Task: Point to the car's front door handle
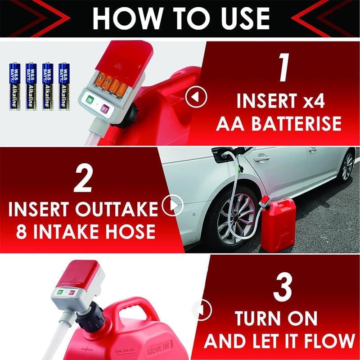pos(261,158)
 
